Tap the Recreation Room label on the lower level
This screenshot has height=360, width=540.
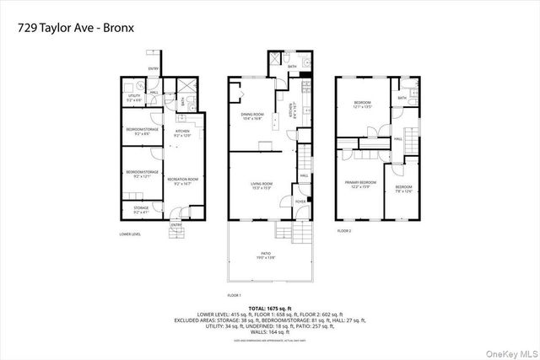coord(181,180)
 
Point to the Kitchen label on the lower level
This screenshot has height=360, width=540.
coord(183,133)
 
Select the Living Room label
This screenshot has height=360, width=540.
coord(260,185)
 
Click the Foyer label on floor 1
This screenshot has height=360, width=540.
coord(300,201)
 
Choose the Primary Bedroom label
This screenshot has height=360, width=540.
coord(358,184)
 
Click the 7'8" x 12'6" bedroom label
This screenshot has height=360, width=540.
coord(404,188)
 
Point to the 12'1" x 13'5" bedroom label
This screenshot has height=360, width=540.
coord(361,105)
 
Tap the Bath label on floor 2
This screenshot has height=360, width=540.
coord(402,98)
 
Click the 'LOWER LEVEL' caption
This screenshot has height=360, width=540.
coord(130,234)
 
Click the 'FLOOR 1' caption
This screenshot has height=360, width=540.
coord(235,294)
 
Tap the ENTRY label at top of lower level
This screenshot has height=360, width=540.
coord(154,68)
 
